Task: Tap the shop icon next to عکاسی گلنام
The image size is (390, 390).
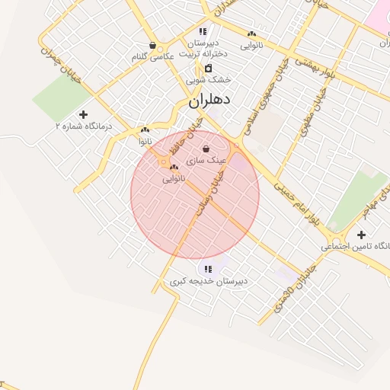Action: click(x=154, y=45)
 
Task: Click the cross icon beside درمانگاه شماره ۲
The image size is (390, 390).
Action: click(x=83, y=113)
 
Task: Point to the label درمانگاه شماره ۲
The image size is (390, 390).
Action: click(x=84, y=125)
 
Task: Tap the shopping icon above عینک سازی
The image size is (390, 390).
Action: click(x=206, y=149)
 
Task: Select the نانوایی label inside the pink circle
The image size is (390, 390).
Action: click(x=174, y=178)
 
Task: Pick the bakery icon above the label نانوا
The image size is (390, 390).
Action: click(x=144, y=130)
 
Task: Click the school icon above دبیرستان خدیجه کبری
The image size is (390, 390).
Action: click(x=208, y=269)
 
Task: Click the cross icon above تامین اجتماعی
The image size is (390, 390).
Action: click(x=361, y=235)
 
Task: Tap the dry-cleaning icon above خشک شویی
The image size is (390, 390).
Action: click(x=208, y=68)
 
